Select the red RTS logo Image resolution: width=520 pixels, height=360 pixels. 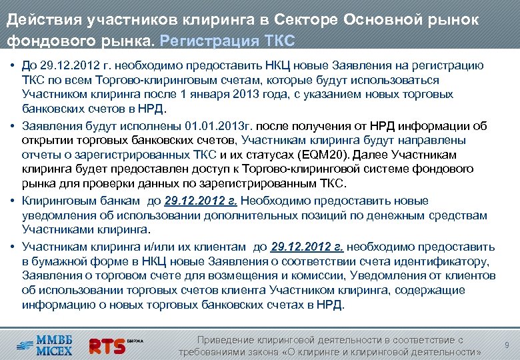click(x=108, y=345)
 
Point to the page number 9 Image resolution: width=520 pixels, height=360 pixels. click(x=507, y=345)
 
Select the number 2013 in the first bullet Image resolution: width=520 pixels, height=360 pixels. click(x=251, y=95)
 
